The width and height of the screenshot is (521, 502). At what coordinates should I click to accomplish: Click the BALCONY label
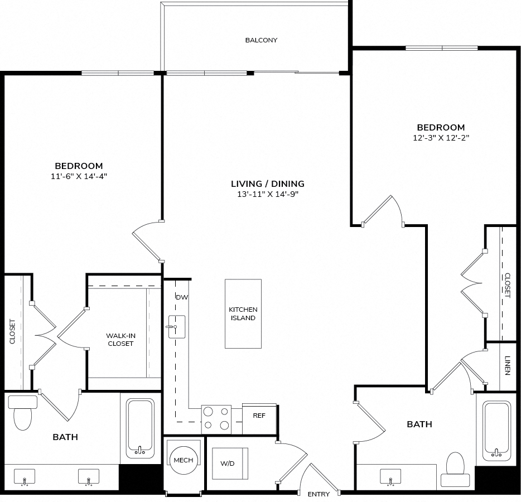pos(261,40)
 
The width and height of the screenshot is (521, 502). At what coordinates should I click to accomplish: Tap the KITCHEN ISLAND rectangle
pos(243,313)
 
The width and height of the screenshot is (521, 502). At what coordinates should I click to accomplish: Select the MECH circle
pos(184,460)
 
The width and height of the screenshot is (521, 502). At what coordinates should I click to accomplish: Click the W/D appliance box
pos(230,464)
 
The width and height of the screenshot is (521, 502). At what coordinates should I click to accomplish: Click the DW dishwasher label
pos(182,297)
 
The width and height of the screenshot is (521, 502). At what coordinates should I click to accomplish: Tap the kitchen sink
pos(177,327)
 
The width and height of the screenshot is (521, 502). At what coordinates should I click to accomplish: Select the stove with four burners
pos(216,419)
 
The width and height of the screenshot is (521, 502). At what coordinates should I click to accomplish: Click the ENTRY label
pos(319,494)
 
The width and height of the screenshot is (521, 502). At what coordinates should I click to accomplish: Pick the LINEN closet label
pos(508,365)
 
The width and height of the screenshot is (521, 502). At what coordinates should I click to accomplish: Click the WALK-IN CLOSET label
pos(120,340)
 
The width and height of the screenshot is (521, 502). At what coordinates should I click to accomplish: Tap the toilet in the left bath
pos(23,412)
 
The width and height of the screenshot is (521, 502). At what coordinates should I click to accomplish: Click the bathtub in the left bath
pos(140,428)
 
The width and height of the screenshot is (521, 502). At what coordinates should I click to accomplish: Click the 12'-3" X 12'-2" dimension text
pos(441,138)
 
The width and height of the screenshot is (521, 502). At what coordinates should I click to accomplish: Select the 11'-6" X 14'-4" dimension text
pos(79,176)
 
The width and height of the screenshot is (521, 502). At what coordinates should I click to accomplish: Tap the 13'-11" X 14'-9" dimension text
pos(268,194)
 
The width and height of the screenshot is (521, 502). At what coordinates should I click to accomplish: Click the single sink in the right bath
pos(390,477)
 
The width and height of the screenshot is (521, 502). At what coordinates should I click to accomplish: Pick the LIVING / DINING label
pos(268,184)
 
